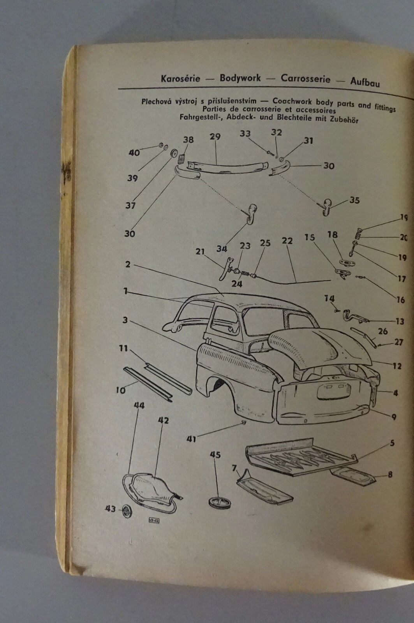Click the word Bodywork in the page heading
(x=240, y=78)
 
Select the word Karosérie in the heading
(x=180, y=78)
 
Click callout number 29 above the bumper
(x=215, y=137)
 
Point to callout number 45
(x=215, y=455)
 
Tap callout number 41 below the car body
(x=191, y=439)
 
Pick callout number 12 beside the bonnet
(x=397, y=366)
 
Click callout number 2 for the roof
(x=128, y=264)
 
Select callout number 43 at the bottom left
(x=111, y=509)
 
